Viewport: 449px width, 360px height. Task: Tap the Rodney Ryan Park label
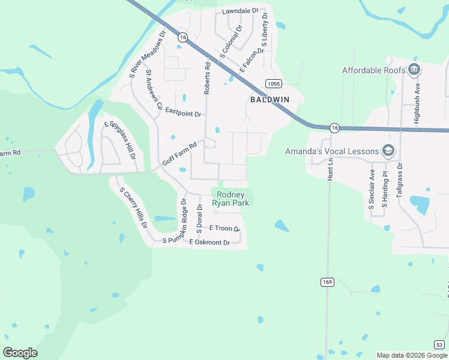(231, 199)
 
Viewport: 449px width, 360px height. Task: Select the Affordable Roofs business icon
(414, 70)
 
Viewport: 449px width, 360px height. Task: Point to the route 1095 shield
(273, 84)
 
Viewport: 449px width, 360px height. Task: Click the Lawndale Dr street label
(240, 11)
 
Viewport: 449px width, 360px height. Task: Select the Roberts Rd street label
(208, 79)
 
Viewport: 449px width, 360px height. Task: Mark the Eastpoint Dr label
(184, 112)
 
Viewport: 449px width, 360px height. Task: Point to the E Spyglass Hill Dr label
(120, 140)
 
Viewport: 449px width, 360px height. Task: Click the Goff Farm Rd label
(179, 154)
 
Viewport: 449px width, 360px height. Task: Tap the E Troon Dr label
(224, 228)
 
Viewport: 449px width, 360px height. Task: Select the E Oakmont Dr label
(209, 242)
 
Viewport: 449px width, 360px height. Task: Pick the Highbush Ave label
(416, 107)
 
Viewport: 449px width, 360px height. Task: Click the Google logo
(20, 353)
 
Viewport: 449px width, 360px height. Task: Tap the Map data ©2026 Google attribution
(412, 355)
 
